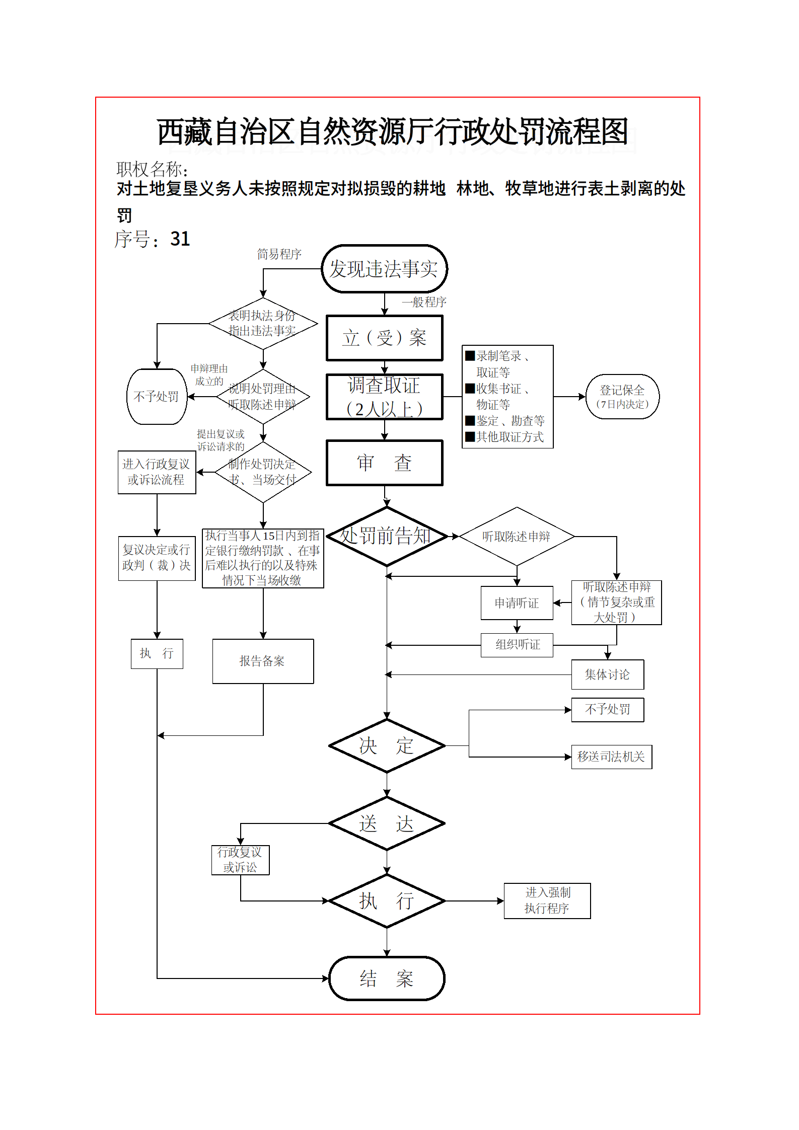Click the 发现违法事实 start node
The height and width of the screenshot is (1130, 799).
coord(384,269)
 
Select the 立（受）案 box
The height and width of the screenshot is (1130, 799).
coord(384,338)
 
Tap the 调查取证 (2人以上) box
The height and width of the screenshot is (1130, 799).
coord(384,397)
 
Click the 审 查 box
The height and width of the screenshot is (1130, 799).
coord(384,463)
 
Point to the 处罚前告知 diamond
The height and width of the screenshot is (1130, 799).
coord(386,536)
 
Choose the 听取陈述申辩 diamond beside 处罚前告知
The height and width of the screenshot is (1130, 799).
coord(517,537)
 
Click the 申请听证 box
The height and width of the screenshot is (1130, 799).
coord(517,603)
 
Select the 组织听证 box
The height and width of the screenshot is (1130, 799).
coord(517,645)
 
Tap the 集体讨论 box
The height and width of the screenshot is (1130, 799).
coord(607,674)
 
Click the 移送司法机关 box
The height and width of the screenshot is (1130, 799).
coord(611,757)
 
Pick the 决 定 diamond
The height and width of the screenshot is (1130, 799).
coord(386,745)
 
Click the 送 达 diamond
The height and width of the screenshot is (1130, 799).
coord(386,823)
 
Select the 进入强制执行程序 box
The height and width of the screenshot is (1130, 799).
coord(547,900)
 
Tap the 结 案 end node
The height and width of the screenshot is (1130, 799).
coord(386,978)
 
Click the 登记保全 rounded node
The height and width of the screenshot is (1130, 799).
coord(622,397)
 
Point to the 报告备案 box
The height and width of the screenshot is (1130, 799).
coord(263,661)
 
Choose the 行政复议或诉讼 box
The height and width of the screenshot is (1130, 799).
coord(240,860)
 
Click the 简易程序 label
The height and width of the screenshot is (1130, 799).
coord(279,254)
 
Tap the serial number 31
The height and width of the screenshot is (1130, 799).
coord(180,239)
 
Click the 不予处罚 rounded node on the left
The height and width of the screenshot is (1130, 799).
coord(157,397)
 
